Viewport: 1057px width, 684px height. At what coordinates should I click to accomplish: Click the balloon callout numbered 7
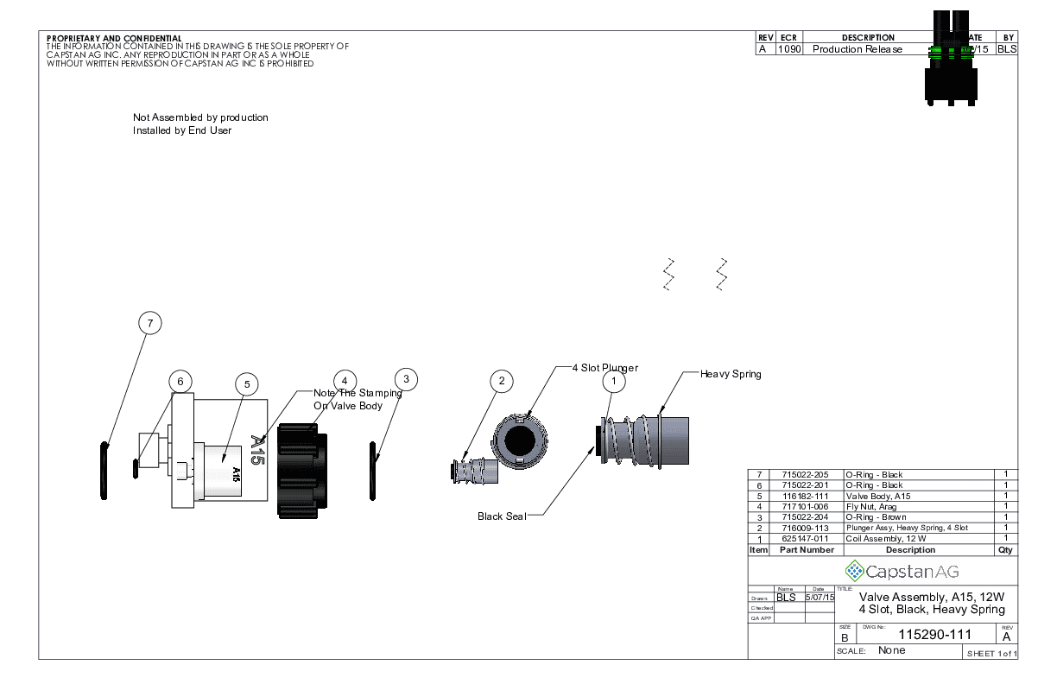tap(150, 323)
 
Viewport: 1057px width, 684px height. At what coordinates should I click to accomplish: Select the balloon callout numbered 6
tap(180, 381)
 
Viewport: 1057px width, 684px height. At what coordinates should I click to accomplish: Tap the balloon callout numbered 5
tap(246, 383)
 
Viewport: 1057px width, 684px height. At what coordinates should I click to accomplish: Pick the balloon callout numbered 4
tap(345, 381)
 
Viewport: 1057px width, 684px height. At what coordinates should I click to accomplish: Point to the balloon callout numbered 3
tap(407, 378)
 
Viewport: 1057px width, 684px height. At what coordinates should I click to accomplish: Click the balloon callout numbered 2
tap(501, 381)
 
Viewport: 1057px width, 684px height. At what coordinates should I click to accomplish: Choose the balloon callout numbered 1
tap(614, 380)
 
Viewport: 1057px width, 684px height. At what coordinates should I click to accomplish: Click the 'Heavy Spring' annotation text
tap(731, 374)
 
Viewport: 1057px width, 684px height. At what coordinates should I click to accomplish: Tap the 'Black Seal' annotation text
tap(502, 516)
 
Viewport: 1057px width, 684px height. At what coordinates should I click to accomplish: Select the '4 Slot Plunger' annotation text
tap(604, 368)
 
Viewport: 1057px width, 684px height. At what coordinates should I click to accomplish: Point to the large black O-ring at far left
tap(104, 471)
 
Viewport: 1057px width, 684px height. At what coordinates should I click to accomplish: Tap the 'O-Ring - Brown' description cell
tap(876, 517)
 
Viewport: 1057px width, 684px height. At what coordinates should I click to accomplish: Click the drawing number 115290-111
tap(935, 634)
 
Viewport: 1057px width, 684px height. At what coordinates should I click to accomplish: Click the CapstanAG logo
tap(902, 571)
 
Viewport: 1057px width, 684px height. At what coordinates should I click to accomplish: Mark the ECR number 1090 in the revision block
tap(789, 49)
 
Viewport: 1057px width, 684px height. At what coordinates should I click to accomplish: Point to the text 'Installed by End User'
tap(182, 130)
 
